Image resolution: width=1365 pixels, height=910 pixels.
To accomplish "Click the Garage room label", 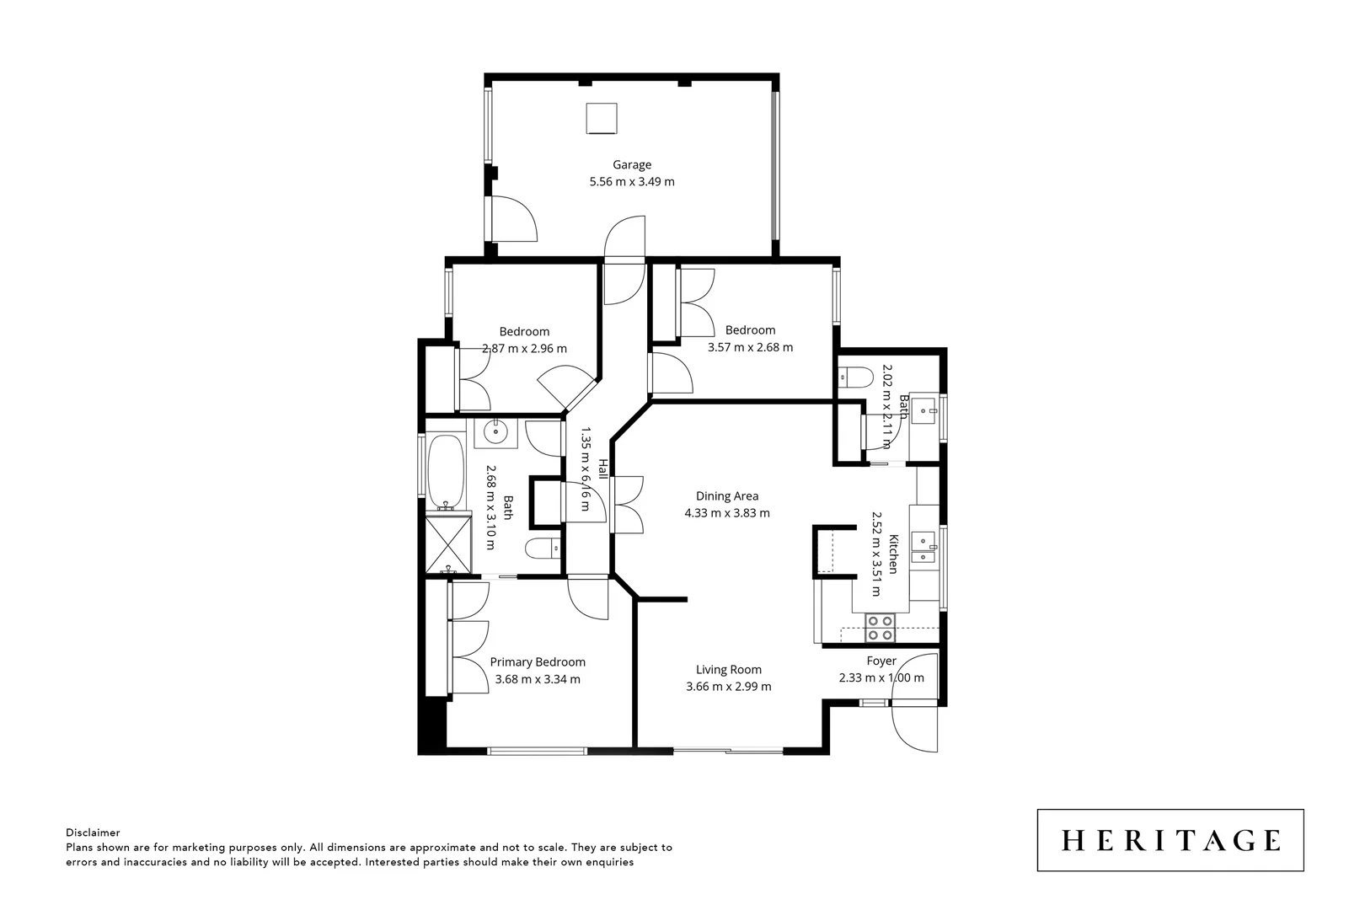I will [631, 165].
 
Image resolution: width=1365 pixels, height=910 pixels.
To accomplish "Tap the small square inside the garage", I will [602, 119].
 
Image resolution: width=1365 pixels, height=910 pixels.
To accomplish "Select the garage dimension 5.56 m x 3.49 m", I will [631, 181].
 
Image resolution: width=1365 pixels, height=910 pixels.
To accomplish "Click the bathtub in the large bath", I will [445, 472].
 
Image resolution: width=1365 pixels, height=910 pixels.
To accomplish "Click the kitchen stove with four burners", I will [881, 628].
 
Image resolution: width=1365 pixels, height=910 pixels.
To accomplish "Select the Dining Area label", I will [726, 496].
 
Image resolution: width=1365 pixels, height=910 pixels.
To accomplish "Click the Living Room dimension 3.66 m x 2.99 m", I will [728, 686].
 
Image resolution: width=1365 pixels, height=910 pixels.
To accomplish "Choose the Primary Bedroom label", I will [538, 662].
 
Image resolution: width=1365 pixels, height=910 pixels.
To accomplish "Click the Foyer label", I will [881, 661].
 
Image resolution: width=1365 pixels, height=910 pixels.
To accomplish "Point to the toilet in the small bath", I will [856, 377].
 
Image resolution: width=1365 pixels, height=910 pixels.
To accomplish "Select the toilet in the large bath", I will [543, 549].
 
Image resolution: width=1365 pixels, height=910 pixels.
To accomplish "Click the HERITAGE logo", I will [1170, 840].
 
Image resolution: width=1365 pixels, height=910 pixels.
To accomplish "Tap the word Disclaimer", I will [93, 832].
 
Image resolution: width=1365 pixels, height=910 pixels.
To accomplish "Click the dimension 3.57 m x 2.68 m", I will [749, 347].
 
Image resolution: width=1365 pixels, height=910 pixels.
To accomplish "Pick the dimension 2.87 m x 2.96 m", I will [524, 348].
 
